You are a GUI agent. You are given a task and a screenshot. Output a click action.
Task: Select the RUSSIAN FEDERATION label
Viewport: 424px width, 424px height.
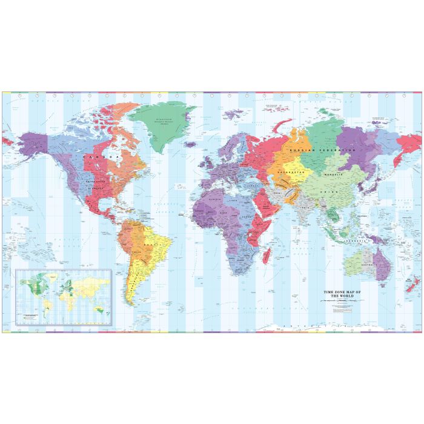pos(323,149)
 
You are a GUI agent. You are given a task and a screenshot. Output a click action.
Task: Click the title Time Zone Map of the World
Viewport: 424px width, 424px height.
pos(344,294)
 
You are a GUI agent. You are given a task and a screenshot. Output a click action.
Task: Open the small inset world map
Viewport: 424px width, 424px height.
pos(62,297)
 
